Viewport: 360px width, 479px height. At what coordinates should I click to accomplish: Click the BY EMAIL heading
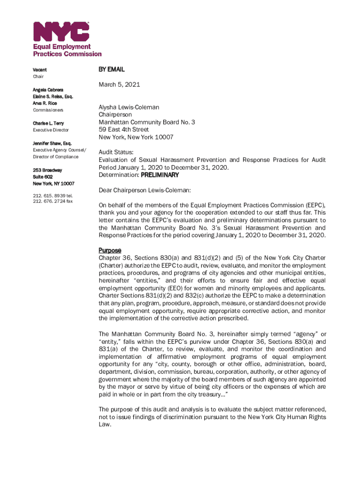tap(111, 69)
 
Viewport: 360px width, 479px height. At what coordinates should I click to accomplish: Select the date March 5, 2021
tap(119, 85)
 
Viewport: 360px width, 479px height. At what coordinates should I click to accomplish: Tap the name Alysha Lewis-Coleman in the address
tap(129, 107)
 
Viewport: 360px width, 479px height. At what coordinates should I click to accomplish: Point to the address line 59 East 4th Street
tap(123, 130)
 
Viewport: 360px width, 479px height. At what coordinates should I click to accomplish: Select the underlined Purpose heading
tap(110, 250)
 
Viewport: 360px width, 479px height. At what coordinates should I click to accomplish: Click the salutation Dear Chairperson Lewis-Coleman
tap(145, 190)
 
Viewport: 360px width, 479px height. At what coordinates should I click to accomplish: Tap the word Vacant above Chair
tap(40, 70)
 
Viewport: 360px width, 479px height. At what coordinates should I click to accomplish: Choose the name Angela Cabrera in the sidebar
tap(49, 89)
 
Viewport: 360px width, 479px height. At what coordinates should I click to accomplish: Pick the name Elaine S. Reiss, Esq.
tap(53, 96)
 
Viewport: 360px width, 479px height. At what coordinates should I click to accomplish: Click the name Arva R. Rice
tap(45, 103)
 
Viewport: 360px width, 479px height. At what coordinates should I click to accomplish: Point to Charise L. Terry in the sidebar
tap(49, 123)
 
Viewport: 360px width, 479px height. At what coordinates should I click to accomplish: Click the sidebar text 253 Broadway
tap(47, 170)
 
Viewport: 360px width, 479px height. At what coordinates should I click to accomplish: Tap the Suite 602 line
tap(43, 177)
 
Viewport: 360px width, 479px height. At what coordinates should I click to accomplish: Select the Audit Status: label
tap(116, 152)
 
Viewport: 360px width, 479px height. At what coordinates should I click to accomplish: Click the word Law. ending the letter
tap(105, 425)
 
